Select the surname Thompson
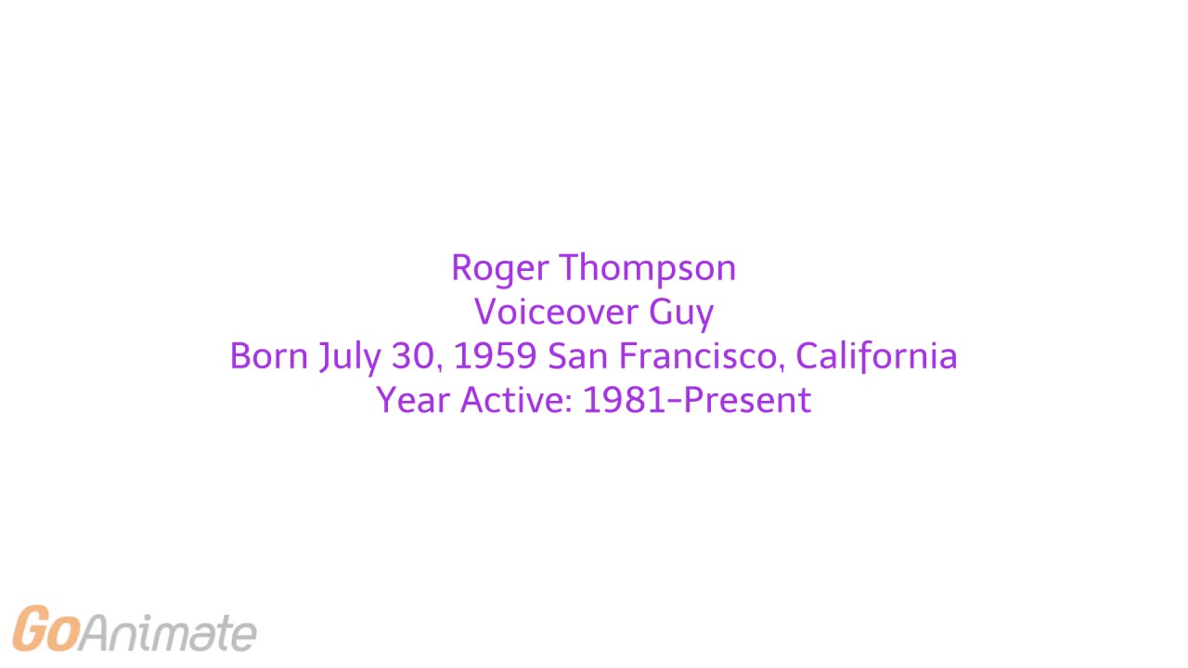tap(647, 269)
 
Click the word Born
tap(268, 356)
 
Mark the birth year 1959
tap(495, 356)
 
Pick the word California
tap(876, 356)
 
